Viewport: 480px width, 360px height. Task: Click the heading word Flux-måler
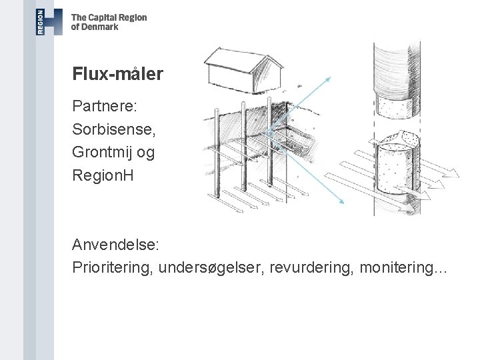pos(117,74)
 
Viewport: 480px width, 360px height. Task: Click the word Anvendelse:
pos(115,245)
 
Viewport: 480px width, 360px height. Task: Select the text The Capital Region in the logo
pos(109,18)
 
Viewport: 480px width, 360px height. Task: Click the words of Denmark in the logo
pos(95,27)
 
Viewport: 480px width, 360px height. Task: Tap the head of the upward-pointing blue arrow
pos(329,79)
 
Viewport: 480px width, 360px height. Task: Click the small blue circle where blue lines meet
pos(270,133)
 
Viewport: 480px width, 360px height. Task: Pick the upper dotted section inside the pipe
pos(395,104)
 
